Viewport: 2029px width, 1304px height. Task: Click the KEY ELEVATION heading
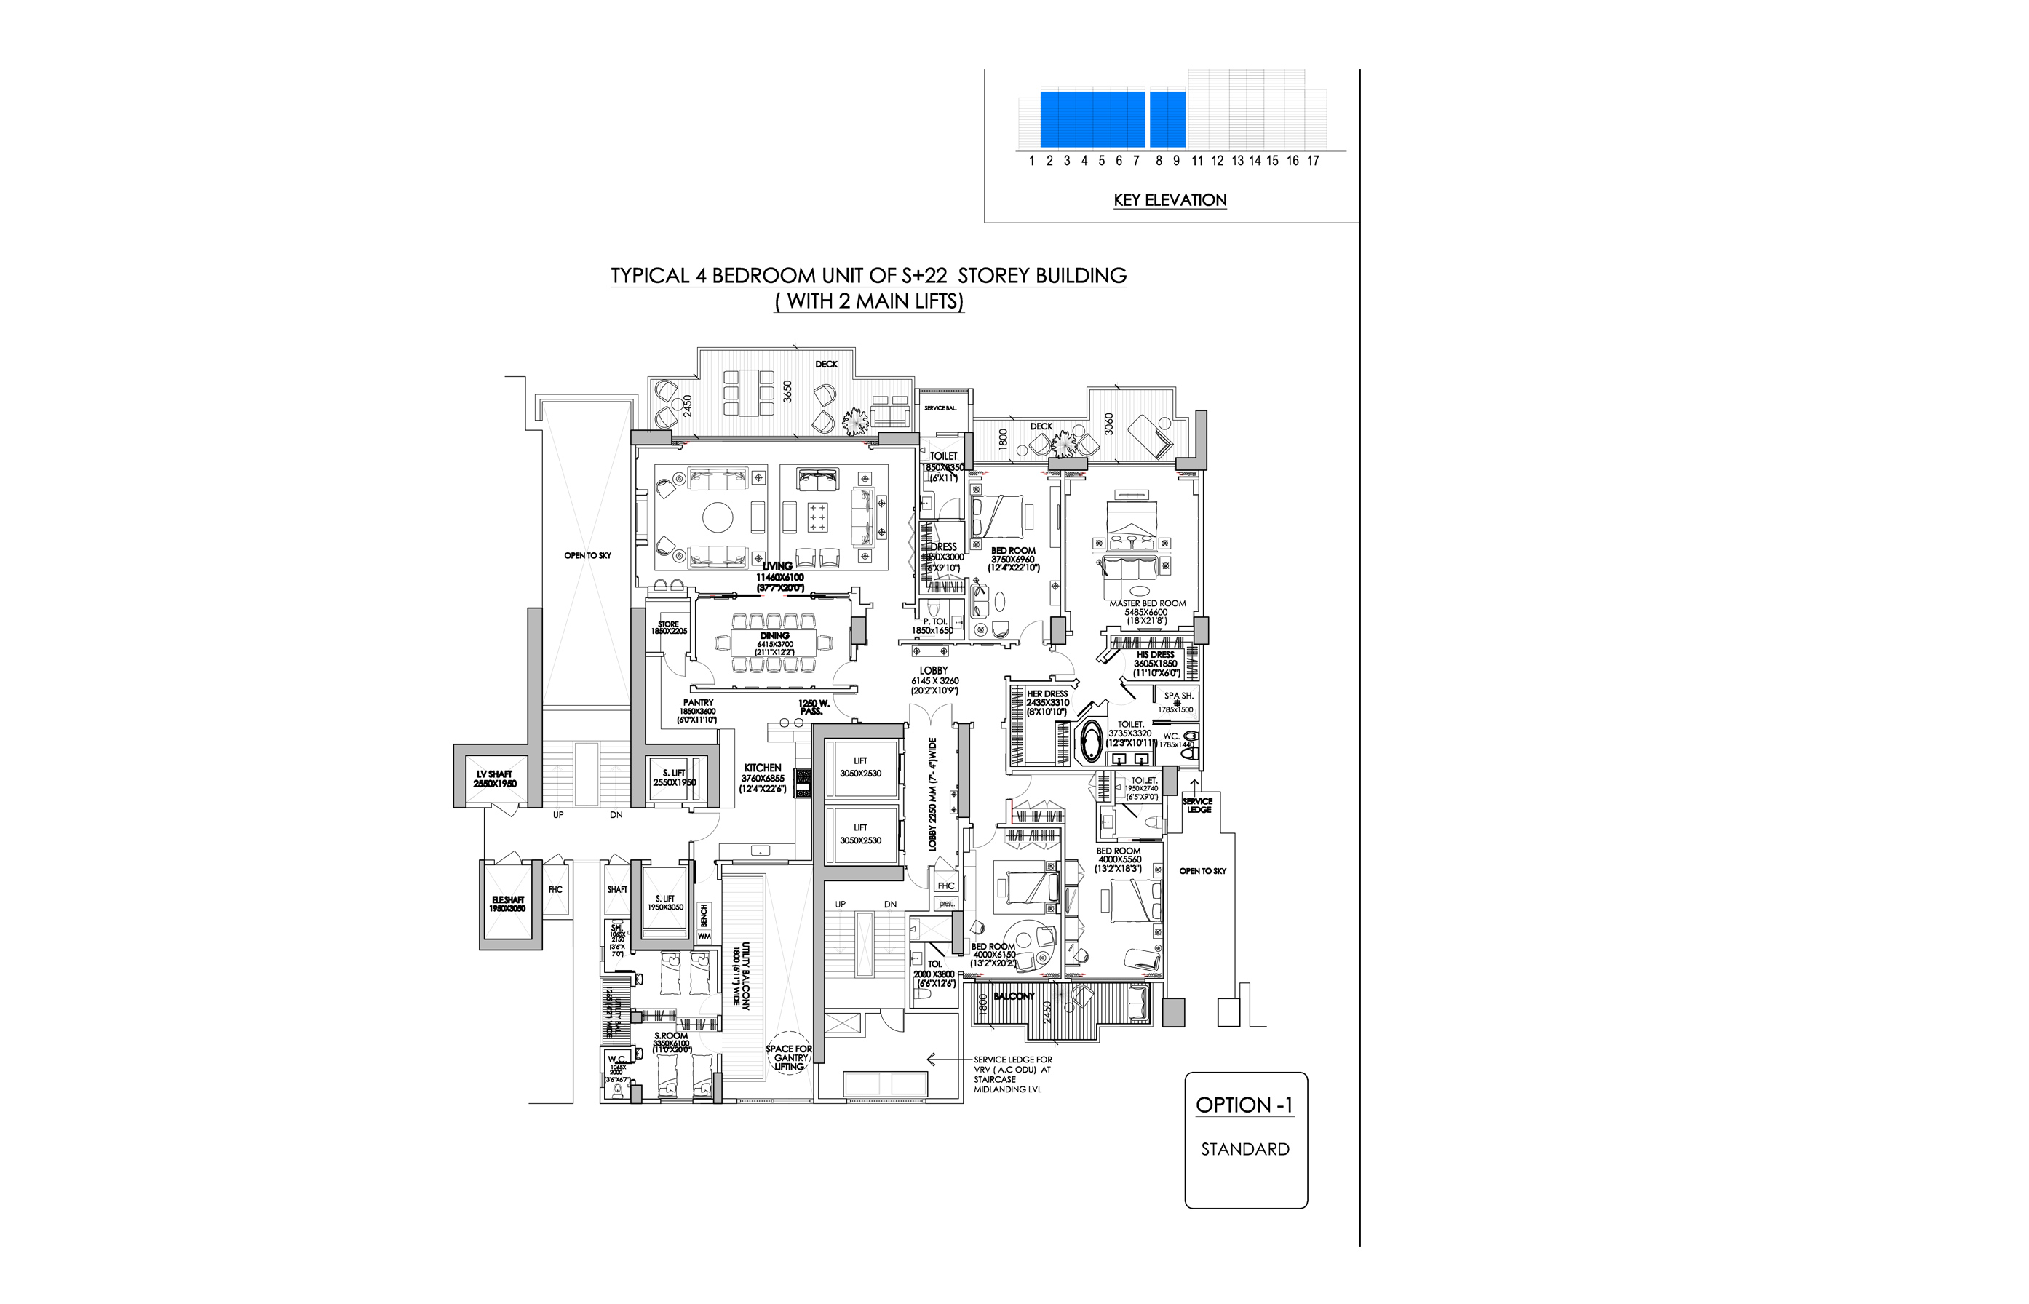point(1170,200)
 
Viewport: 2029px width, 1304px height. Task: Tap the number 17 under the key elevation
point(1313,161)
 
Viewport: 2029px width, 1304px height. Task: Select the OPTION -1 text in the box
point(1244,1105)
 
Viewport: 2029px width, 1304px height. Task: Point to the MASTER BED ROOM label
point(1148,604)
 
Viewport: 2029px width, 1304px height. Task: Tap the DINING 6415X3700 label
point(774,640)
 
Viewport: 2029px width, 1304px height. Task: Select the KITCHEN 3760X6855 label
point(762,777)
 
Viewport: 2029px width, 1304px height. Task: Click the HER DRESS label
point(1047,699)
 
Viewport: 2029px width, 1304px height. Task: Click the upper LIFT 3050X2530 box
point(860,767)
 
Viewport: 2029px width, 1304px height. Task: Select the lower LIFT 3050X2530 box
point(860,834)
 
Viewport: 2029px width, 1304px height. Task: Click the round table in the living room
point(718,517)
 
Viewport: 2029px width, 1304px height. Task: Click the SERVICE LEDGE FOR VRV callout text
point(1012,1073)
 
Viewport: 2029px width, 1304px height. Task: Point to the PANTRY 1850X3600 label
point(698,711)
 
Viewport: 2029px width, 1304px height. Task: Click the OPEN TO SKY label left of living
point(588,555)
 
